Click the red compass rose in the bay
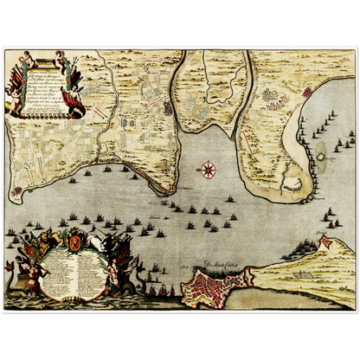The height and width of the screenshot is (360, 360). click(x=208, y=169)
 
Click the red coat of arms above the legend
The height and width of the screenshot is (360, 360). click(x=77, y=239)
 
